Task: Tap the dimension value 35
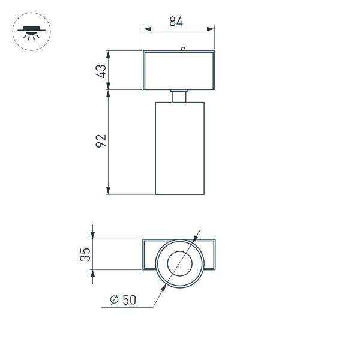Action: (x=86, y=254)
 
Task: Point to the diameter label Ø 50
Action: (x=124, y=299)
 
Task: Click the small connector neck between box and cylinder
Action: (x=179, y=96)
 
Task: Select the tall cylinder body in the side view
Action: (x=180, y=148)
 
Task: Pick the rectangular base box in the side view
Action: (x=179, y=71)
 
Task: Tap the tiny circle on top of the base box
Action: (x=182, y=49)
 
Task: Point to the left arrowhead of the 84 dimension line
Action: (x=146, y=28)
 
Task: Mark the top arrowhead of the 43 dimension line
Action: (x=108, y=54)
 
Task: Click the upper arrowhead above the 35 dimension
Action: (x=93, y=236)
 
